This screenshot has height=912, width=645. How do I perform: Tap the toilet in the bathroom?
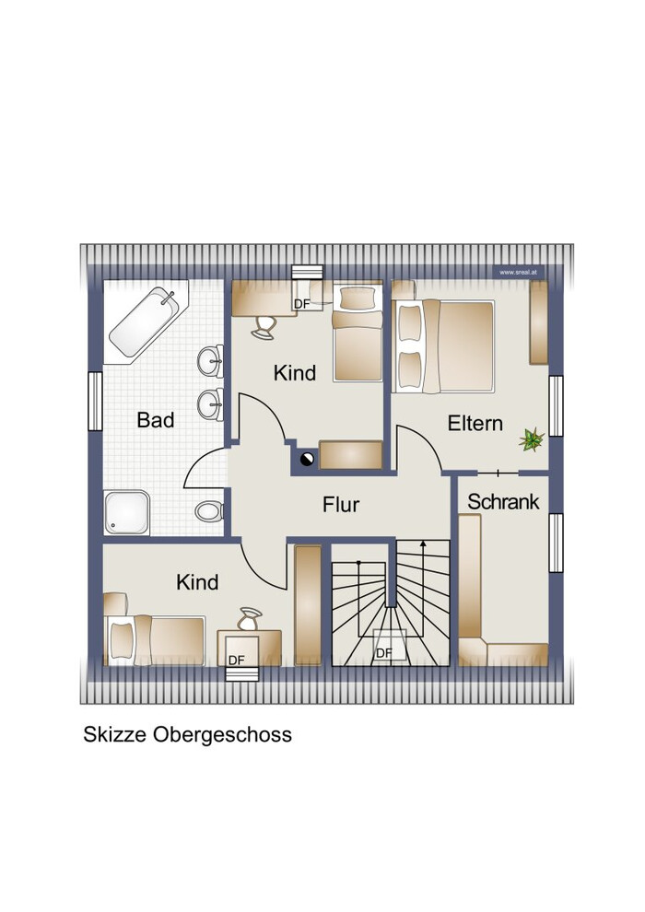[209, 511]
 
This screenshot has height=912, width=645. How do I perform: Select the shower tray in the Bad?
[127, 512]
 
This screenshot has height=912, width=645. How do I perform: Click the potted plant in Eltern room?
[531, 439]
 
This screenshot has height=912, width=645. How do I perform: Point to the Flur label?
[341, 504]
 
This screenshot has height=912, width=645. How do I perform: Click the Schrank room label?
[503, 501]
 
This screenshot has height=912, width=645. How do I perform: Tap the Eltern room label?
[475, 423]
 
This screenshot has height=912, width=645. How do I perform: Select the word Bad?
[156, 419]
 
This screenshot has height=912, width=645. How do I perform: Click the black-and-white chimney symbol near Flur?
[307, 460]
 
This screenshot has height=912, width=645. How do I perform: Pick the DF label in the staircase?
[384, 653]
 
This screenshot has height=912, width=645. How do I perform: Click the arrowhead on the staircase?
[424, 544]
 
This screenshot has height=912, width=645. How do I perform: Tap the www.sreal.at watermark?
[518, 272]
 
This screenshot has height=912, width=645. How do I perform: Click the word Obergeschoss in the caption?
[222, 734]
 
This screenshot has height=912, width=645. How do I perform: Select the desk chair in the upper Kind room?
[264, 326]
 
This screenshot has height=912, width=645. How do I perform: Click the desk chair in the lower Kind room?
[250, 619]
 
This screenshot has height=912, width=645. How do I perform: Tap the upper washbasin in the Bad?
[210, 361]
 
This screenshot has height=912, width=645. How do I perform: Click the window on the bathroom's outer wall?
[96, 402]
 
